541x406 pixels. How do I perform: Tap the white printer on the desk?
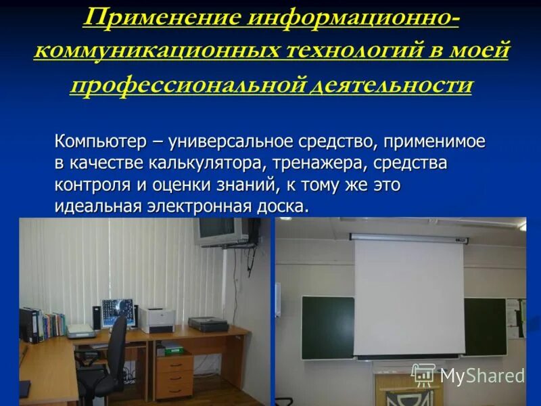coord(158,319)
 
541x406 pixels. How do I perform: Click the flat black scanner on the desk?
coord(208,324)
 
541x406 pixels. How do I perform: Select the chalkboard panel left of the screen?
coord(327,326)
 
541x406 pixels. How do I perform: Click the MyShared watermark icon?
coord(423,374)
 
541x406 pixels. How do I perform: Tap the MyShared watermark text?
coord(481,376)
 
